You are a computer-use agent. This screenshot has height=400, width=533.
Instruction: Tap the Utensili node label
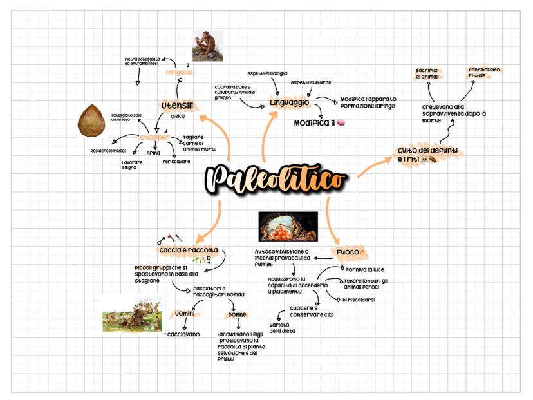tap(177, 106)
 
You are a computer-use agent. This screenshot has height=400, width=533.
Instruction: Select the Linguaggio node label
tap(290, 102)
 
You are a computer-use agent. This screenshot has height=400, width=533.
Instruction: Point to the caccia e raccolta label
tap(188, 249)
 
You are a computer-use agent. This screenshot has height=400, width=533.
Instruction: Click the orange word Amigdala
tap(179, 72)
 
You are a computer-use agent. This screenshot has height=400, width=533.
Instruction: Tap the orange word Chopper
tap(154, 137)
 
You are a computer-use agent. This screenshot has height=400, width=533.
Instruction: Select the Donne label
tap(237, 315)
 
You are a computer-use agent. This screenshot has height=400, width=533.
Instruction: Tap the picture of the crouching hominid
tap(207, 46)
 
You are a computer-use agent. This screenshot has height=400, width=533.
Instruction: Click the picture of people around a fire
tap(288, 227)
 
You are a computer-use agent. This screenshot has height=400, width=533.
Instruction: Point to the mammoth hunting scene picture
tap(133, 314)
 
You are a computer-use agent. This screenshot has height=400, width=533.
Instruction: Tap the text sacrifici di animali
tap(427, 73)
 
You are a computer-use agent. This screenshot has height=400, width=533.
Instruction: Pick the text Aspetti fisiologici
tap(267, 73)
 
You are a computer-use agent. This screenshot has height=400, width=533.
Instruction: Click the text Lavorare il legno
tap(132, 165)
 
